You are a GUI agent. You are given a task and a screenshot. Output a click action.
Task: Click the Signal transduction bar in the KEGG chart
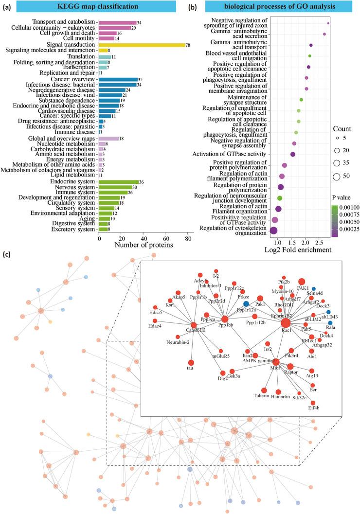click(x=142, y=45)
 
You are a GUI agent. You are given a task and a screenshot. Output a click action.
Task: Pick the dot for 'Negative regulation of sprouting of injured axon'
click(x=328, y=23)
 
